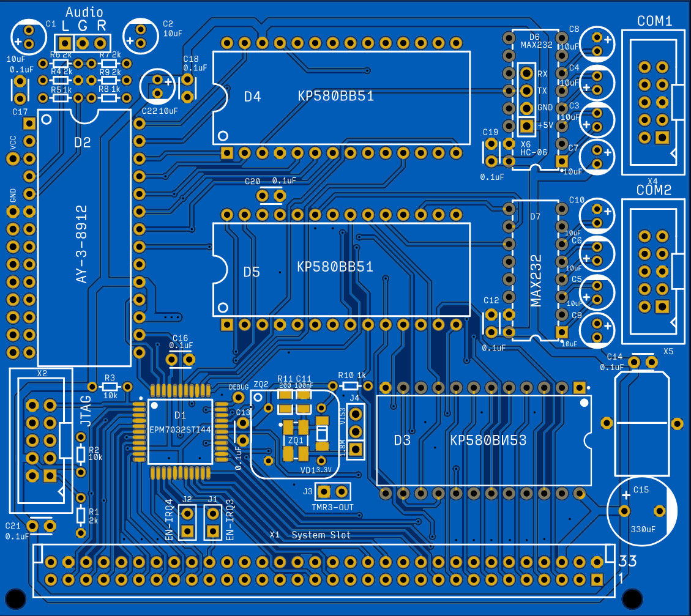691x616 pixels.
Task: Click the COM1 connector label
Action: pos(654,21)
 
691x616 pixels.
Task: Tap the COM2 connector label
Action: pos(654,190)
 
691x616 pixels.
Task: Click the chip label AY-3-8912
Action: pos(82,244)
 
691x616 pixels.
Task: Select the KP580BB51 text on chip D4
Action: pos(336,96)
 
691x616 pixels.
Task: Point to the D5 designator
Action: pos(252,272)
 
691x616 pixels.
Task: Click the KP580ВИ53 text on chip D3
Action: pos(488,440)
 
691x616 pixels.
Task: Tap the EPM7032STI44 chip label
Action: pos(180,430)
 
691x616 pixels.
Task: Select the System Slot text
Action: pos(321,535)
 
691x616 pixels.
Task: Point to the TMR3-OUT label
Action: pos(332,507)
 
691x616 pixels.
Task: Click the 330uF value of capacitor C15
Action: pos(642,528)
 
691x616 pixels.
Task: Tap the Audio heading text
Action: pos(84,12)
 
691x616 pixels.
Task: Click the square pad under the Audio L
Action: pos(64,43)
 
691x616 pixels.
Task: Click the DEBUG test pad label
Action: pos(239,387)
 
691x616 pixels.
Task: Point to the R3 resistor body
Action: pos(110,387)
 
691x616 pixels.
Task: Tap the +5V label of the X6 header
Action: pos(545,125)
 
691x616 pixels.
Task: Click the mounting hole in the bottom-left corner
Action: pos(15,598)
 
